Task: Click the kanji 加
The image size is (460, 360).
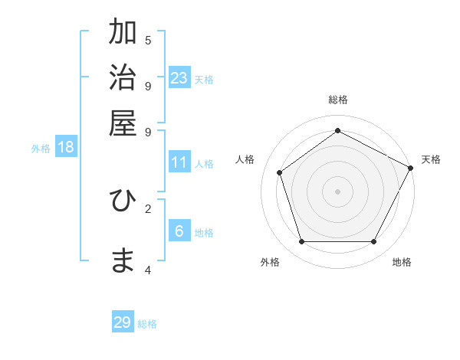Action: [123, 34]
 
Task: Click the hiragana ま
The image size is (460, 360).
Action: [123, 261]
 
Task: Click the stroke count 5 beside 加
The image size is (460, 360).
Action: [148, 40]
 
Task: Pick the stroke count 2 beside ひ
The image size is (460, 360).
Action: [148, 208]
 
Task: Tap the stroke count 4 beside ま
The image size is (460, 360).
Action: [148, 270]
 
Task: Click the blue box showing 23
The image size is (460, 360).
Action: [179, 78]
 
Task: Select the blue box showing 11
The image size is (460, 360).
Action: [179, 162]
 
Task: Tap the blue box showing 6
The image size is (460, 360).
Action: [179, 231]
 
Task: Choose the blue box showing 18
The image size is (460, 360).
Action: [66, 148]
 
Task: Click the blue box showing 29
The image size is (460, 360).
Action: [123, 322]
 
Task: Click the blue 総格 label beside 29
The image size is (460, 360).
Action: [147, 324]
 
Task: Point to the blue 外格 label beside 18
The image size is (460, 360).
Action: [41, 149]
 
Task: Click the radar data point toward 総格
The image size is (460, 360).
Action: [338, 130]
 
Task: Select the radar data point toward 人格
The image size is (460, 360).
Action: [280, 172]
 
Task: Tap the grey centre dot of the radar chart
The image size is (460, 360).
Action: [338, 191]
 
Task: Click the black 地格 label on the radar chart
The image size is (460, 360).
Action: [402, 262]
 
